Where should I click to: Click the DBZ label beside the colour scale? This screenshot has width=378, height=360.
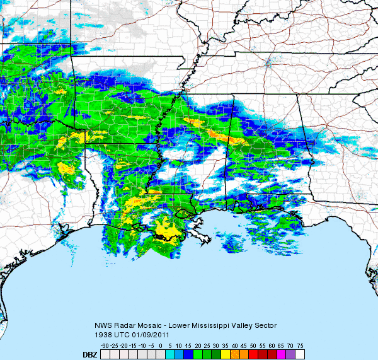89,355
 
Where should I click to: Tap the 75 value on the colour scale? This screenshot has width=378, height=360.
301,346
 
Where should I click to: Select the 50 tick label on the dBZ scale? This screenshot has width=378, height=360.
253,346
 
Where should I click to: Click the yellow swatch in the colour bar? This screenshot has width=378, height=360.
225,354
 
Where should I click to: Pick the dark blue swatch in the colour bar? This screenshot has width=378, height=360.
187,354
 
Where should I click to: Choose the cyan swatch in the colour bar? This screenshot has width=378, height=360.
168,354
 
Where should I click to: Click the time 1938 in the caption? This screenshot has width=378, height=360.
103,334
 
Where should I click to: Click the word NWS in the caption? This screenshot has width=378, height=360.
103,326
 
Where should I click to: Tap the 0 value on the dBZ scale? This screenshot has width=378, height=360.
161,346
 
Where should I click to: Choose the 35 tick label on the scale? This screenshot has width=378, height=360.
224,346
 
